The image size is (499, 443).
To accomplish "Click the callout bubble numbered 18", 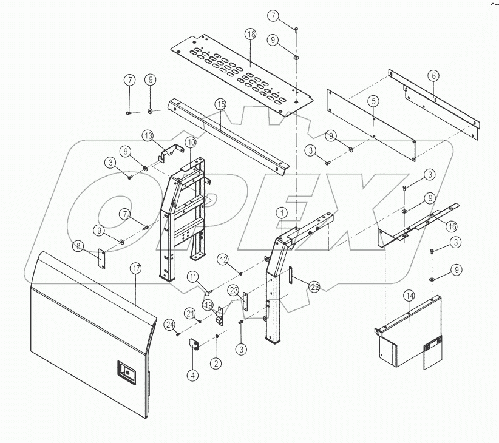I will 250,35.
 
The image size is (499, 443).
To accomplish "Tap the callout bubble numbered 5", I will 373,101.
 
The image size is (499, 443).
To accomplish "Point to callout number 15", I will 220,105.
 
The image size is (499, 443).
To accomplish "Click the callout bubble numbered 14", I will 409,296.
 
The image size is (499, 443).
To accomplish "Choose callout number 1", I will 282,213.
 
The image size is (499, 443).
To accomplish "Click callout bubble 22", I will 314,286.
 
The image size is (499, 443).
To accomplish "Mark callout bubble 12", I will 223,260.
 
